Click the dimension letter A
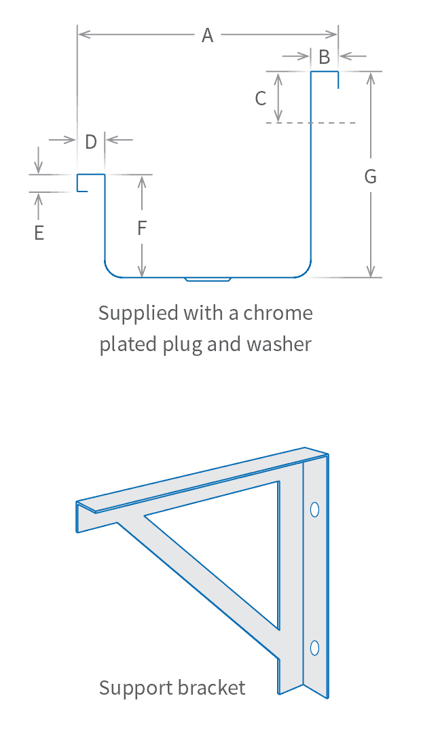pos(207,35)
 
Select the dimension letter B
pos(325,57)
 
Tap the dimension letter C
pos(261,98)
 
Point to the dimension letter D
pos(91,141)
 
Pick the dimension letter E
pos(39,233)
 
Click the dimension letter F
pos(142,228)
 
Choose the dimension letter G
pos(370,177)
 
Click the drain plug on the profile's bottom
pos(208,278)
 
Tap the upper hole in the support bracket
pos(314,509)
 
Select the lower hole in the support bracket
pos(314,647)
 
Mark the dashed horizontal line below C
pos(311,123)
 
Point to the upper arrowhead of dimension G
pos(370,76)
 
